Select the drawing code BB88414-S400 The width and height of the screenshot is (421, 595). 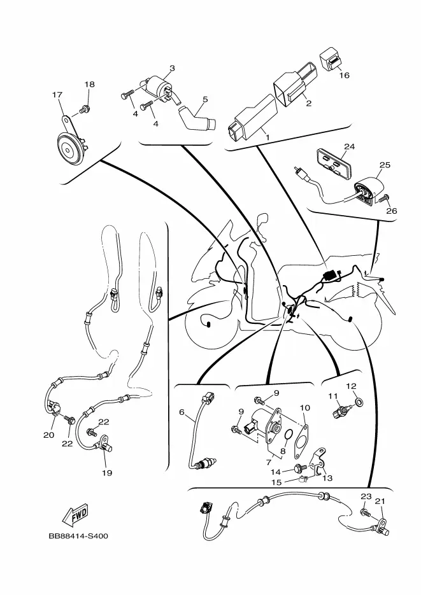(x=78, y=536)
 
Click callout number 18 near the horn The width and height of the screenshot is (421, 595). (x=89, y=85)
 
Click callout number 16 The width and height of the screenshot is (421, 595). (x=344, y=75)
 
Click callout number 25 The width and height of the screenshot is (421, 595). (x=385, y=165)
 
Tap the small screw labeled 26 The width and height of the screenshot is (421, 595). (x=385, y=199)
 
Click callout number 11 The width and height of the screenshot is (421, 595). (x=332, y=396)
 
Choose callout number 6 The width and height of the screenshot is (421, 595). (x=182, y=412)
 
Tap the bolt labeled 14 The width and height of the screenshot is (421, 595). (x=297, y=471)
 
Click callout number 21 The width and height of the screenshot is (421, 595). (x=380, y=501)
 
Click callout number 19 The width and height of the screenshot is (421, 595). (x=107, y=473)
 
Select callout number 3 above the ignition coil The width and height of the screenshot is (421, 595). (x=172, y=68)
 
